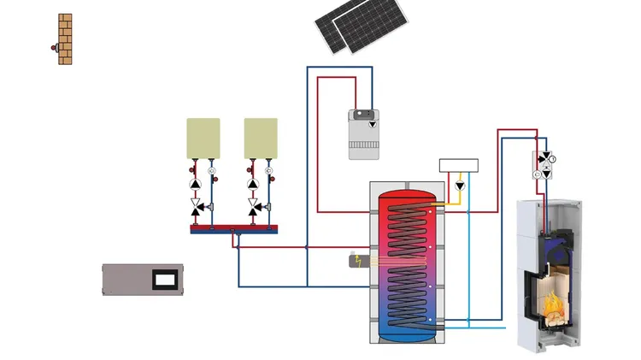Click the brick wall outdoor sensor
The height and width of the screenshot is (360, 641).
click(64, 39)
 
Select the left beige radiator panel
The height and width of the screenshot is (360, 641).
click(203, 138)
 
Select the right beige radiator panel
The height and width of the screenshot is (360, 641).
click(261, 138)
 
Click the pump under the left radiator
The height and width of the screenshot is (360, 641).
click(196, 183)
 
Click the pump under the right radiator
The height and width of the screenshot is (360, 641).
click(253, 183)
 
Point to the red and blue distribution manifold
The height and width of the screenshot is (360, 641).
click(234, 228)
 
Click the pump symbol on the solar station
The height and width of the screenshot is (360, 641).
click(373, 125)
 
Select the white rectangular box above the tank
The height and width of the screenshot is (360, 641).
click(458, 165)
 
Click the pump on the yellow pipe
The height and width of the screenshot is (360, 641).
click(459, 186)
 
